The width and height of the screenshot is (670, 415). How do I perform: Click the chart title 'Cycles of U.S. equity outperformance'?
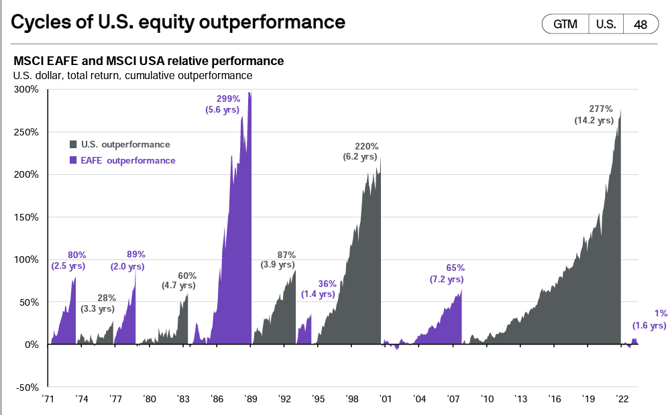coord(178,22)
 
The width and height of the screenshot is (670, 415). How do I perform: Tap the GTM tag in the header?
coord(565,24)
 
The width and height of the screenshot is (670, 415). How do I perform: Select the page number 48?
coord(640,24)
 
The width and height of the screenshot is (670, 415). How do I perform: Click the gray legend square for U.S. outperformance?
coord(74,144)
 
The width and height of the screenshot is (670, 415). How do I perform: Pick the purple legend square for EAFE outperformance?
coord(74,161)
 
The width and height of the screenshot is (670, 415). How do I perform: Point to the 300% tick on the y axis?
coord(27,89)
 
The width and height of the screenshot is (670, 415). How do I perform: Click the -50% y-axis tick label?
coord(27,388)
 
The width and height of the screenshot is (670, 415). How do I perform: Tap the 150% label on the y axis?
coord(27,217)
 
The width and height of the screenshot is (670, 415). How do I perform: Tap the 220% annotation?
coord(367,146)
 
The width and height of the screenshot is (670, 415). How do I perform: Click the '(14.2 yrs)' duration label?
coord(594,121)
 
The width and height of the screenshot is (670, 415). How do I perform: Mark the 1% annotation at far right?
coord(660,314)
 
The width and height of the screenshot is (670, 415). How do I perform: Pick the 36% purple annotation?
coord(327,283)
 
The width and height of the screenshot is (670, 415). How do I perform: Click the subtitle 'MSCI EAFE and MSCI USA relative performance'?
coord(148,61)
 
